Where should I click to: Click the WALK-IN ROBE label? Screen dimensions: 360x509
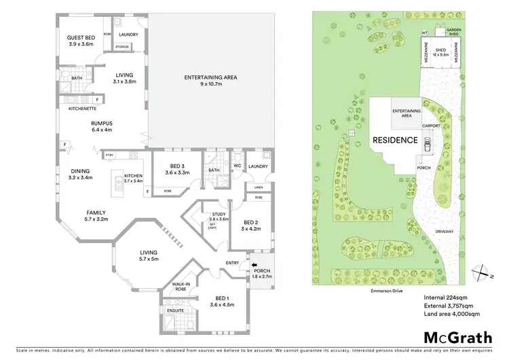(179, 286)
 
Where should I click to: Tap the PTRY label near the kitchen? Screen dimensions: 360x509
(109, 156)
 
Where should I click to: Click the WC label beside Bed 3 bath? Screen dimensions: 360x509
(238, 164)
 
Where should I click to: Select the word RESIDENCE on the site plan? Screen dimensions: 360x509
(394, 141)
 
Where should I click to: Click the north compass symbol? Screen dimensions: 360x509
(482, 271)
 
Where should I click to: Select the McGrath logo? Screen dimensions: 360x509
(459, 338)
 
